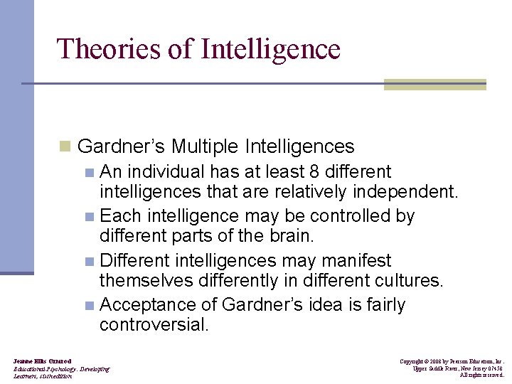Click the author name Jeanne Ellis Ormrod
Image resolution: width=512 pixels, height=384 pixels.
click(42, 362)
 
